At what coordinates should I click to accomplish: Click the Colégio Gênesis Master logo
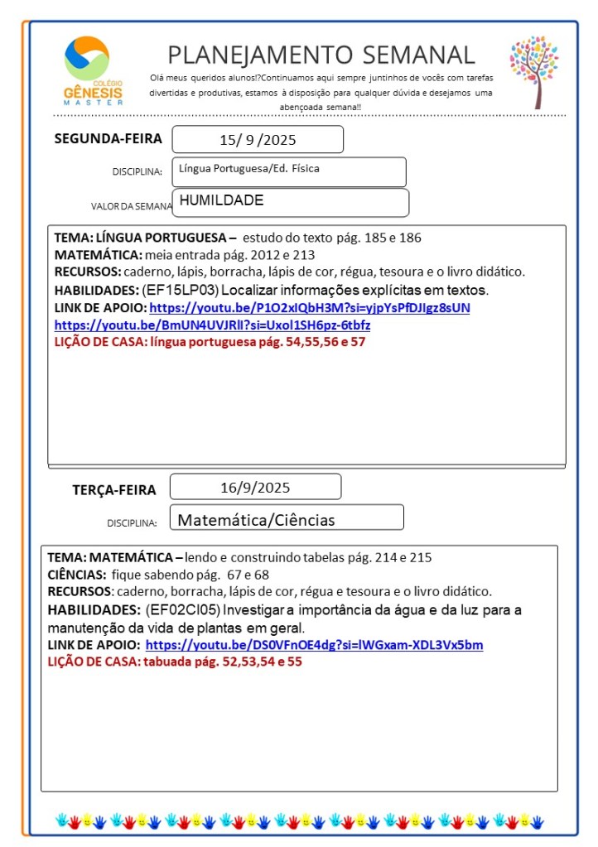pos(93,71)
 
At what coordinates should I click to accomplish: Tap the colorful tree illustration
pos(534,71)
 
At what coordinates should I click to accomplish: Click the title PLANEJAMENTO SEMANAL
pos(321,55)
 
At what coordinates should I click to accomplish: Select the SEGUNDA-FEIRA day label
pos(108,138)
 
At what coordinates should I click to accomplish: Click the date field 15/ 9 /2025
pos(257,140)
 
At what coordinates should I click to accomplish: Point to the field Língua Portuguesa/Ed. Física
pos(289,171)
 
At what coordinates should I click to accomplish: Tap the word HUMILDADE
pos(221,200)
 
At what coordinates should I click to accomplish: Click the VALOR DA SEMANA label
pos(132,206)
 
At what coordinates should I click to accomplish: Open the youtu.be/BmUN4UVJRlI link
pos(212,325)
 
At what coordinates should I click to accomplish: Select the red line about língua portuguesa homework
pos(210,341)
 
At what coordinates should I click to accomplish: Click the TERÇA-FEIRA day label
pos(114,489)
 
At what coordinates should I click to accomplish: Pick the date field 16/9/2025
pos(255,487)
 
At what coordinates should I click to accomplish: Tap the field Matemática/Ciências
pos(257,520)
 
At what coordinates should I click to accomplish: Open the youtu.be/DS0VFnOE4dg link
pos(314,645)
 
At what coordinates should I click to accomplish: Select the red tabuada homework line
pos(174,662)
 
